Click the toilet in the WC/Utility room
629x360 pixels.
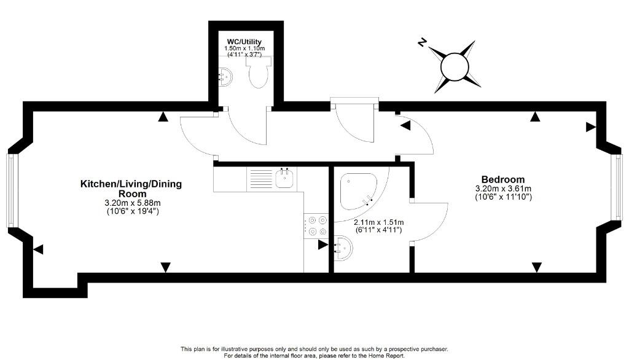click(258, 72)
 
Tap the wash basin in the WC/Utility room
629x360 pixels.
click(225, 76)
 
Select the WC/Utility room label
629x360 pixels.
click(244, 42)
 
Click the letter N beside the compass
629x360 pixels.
click(421, 42)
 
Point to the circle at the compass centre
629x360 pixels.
click(455, 66)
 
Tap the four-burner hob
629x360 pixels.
click(316, 225)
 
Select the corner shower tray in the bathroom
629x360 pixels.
click(359, 192)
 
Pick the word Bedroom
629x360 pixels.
click(503, 179)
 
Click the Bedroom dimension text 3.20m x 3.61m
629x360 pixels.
click(503, 189)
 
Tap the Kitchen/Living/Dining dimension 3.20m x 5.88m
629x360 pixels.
click(133, 203)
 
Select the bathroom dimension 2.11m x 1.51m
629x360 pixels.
click(378, 222)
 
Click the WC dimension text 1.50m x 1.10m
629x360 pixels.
click(244, 48)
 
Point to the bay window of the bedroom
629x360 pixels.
click(618, 187)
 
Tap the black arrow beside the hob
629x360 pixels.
click(323, 245)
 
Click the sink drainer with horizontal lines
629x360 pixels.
click(261, 178)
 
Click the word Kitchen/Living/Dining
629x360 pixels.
click(131, 184)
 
